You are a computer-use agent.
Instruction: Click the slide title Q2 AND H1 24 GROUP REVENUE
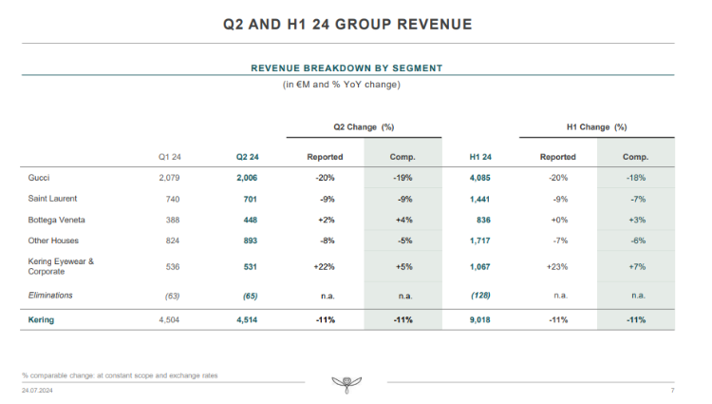[x=355, y=23]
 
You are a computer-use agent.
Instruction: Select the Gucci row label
[x=40, y=177]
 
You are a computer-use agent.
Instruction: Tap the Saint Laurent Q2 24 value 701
[x=249, y=199]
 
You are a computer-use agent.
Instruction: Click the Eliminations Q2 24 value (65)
[x=247, y=296]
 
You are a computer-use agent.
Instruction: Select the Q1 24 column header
[x=169, y=156]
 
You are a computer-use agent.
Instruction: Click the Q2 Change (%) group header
[x=364, y=126]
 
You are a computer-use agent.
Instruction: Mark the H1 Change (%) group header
[x=597, y=126]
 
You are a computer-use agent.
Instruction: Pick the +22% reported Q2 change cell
[x=325, y=267]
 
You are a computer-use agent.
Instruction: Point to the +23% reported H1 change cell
[x=558, y=267]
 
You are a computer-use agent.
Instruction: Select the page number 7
[x=671, y=390]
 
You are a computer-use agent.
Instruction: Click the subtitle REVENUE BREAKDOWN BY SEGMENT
[x=347, y=68]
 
